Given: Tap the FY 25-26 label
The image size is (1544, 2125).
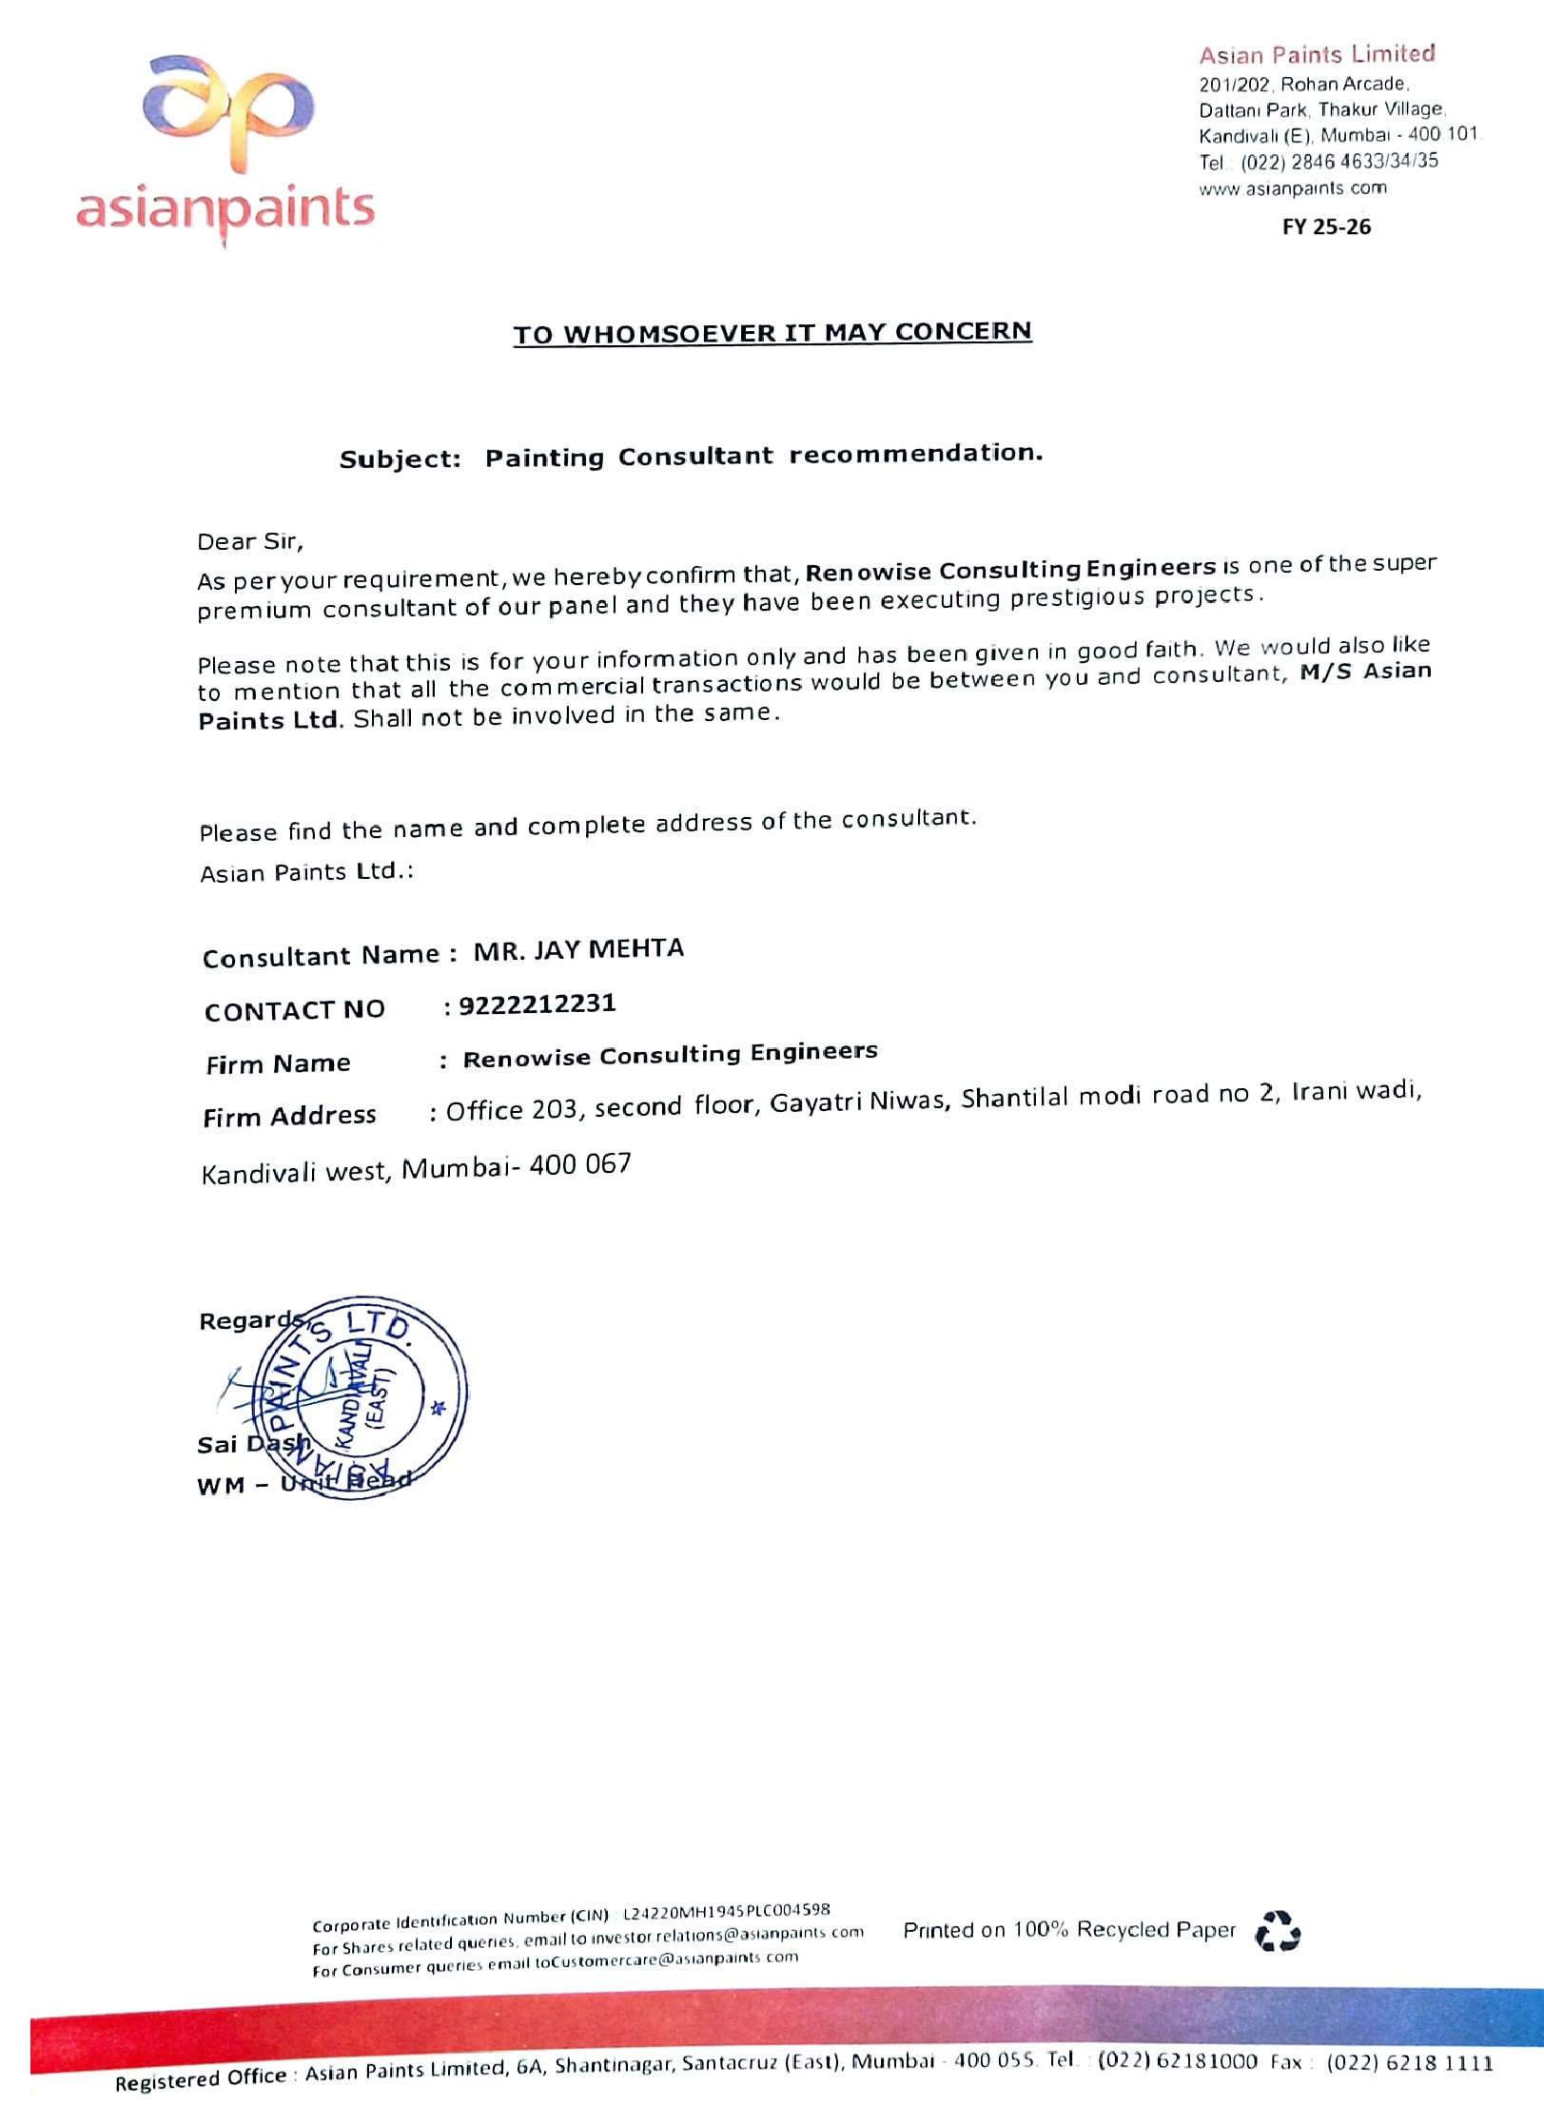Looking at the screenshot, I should point(1326,226).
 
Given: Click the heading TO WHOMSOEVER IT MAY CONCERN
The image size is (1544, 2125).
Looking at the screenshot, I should point(772,333).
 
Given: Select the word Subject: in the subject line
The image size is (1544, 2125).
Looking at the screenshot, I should point(400,459).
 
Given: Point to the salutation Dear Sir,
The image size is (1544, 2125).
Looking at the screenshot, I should point(250,542).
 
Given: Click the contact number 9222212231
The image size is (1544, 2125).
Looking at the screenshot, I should point(537,1004).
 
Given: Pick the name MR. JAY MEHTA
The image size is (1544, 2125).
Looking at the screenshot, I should point(578,949).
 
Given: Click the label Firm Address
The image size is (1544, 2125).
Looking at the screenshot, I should point(289,1116).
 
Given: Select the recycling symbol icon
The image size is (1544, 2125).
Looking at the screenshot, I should point(1277,1931).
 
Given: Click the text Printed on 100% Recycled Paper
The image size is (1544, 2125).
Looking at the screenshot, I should point(1068,1930).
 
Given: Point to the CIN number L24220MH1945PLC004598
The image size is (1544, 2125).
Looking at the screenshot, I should point(726,1910).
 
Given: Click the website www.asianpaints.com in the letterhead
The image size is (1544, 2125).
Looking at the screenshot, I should point(1292,188).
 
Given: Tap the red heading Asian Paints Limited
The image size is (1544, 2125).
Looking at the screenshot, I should point(1316,54).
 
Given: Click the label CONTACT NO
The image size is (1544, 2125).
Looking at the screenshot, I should point(294,1010).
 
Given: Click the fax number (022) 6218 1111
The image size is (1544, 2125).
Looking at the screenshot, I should point(1409,2062).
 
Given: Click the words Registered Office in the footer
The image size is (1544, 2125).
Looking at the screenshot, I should point(201,2078).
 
